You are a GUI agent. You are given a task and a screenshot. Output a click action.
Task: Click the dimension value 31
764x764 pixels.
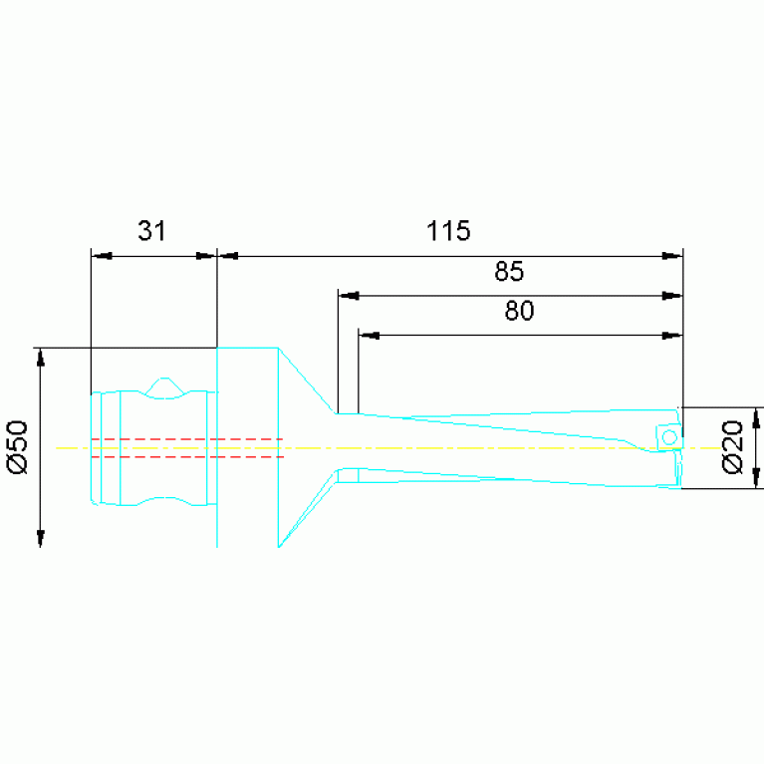tap(151, 230)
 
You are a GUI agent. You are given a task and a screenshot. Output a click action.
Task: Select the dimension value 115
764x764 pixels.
tap(448, 230)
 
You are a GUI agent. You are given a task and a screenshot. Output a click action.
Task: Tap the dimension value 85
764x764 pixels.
tap(509, 271)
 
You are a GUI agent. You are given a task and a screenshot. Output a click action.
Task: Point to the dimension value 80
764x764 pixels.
tap(519, 311)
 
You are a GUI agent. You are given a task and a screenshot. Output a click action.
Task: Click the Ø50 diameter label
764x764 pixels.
tap(18, 447)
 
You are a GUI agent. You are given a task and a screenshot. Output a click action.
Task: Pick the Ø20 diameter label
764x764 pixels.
tap(732, 447)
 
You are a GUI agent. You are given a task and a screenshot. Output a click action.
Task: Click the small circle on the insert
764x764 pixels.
tap(669, 437)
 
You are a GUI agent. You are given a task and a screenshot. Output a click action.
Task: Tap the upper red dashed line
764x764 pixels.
tap(187, 439)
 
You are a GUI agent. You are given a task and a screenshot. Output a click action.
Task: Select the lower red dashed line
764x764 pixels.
tap(187, 456)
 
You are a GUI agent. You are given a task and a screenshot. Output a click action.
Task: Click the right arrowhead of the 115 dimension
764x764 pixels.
tap(672, 256)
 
